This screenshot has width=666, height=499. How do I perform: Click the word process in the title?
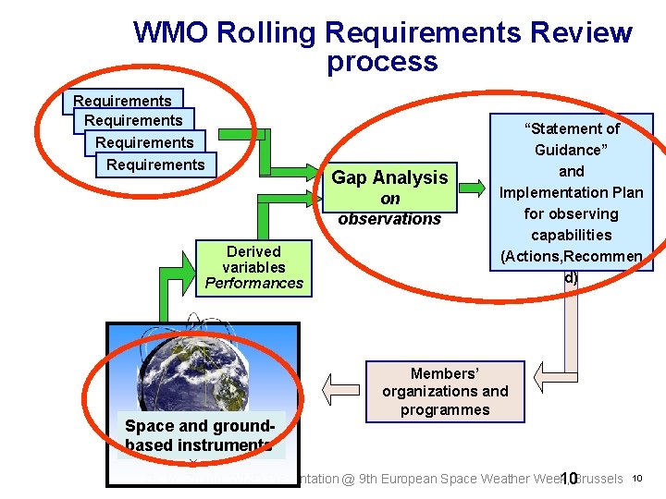381,63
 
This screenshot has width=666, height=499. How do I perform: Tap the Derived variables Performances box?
253,267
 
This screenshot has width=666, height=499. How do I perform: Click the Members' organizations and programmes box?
445,392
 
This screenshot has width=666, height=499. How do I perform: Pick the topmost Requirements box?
122,101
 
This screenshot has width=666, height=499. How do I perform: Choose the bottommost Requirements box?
155,164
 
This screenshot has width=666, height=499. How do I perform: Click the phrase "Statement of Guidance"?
572,139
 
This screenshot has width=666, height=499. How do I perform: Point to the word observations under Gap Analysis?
389,219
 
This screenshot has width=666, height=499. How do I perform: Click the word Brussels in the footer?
599,479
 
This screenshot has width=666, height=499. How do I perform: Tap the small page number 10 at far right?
636,478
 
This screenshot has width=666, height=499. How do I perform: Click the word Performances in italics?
253,284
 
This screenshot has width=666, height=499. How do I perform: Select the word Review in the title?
582,33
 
